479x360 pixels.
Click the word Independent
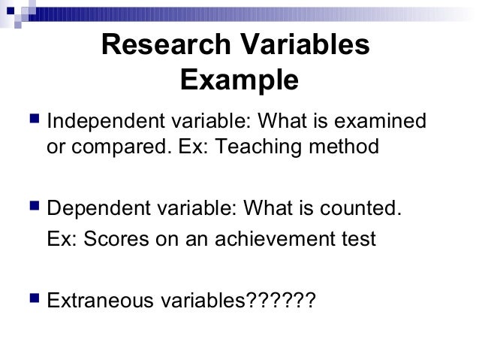[100, 121]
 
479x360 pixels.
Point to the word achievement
[276, 241]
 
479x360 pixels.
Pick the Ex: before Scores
[61, 241]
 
